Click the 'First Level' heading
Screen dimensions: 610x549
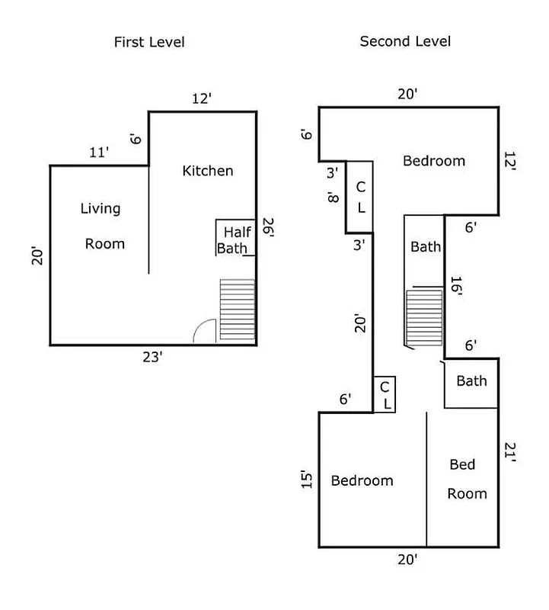[x=149, y=42]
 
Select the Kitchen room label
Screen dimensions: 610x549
[x=207, y=171]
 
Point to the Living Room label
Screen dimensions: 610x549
[x=103, y=226]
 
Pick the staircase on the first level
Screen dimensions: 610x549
[x=237, y=310]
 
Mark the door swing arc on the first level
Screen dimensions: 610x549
[x=204, y=332]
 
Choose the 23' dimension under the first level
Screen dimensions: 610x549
[x=152, y=356]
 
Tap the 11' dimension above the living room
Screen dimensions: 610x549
[x=99, y=152]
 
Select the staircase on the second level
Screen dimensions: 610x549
[x=424, y=316]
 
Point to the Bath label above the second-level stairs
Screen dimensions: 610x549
[x=425, y=247]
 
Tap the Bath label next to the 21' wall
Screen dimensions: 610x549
[x=471, y=381]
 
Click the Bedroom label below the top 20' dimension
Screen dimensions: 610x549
[x=433, y=161]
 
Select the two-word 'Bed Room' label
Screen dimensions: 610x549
[x=464, y=479]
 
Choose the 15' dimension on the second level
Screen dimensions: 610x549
[x=307, y=479]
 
